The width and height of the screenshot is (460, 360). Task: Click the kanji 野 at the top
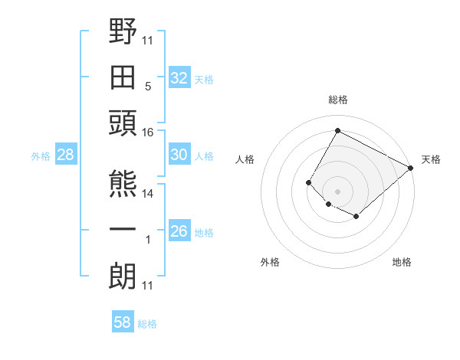[123, 32]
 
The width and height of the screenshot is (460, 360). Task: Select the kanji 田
[123, 77]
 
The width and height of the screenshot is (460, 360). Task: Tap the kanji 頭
[123, 123]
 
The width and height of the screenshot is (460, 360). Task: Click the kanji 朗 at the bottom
[123, 276]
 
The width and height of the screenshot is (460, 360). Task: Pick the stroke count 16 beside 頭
[148, 133]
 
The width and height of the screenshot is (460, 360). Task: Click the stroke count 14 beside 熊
[148, 194]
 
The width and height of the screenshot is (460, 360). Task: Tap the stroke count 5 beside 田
[147, 87]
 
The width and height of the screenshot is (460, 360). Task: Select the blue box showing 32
[179, 78]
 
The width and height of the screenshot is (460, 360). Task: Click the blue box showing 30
[179, 155]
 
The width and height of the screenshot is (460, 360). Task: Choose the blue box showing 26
[179, 231]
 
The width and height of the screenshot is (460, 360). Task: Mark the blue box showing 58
[122, 322]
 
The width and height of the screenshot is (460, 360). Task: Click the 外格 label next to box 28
[41, 156]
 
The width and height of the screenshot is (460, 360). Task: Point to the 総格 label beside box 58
[147, 324]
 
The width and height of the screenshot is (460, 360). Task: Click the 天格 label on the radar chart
[431, 159]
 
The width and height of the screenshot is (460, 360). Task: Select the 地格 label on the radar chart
[402, 262]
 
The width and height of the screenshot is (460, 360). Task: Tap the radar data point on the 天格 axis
[410, 168]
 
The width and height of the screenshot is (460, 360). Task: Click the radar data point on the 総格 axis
[337, 130]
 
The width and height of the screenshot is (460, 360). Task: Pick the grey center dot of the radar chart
[337, 191]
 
